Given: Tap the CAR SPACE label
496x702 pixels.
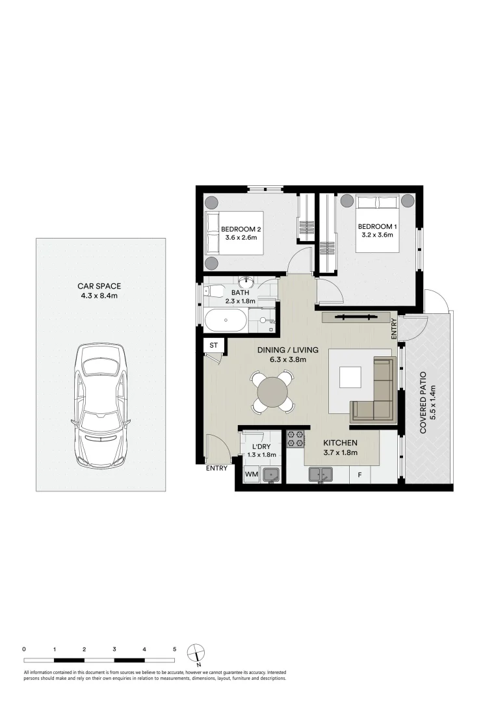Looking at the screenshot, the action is pos(99,287).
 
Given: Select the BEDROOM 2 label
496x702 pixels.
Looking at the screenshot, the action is pos(241,229).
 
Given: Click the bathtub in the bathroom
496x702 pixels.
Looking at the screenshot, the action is pos(225,320).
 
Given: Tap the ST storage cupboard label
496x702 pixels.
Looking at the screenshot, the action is pos(213,345).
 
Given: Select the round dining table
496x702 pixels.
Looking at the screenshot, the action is pos(272,392).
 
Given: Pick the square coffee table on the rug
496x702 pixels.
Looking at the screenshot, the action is pos(350,378).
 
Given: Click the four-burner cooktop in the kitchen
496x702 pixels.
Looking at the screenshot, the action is pos(295,439).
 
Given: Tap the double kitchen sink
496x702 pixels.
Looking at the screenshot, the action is pos(320,474).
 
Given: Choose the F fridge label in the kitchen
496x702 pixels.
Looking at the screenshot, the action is pos(360,475).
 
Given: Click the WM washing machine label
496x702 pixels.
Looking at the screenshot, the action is pos(252,474).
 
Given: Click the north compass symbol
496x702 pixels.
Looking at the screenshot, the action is pos(196,653).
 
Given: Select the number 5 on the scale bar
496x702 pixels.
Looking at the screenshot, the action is pos(175,649).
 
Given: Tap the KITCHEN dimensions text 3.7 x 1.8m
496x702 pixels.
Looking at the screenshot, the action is pos(340,452).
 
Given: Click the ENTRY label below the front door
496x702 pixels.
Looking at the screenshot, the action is pos(216,469).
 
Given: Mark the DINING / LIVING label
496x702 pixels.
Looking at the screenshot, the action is pos(288,350).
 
